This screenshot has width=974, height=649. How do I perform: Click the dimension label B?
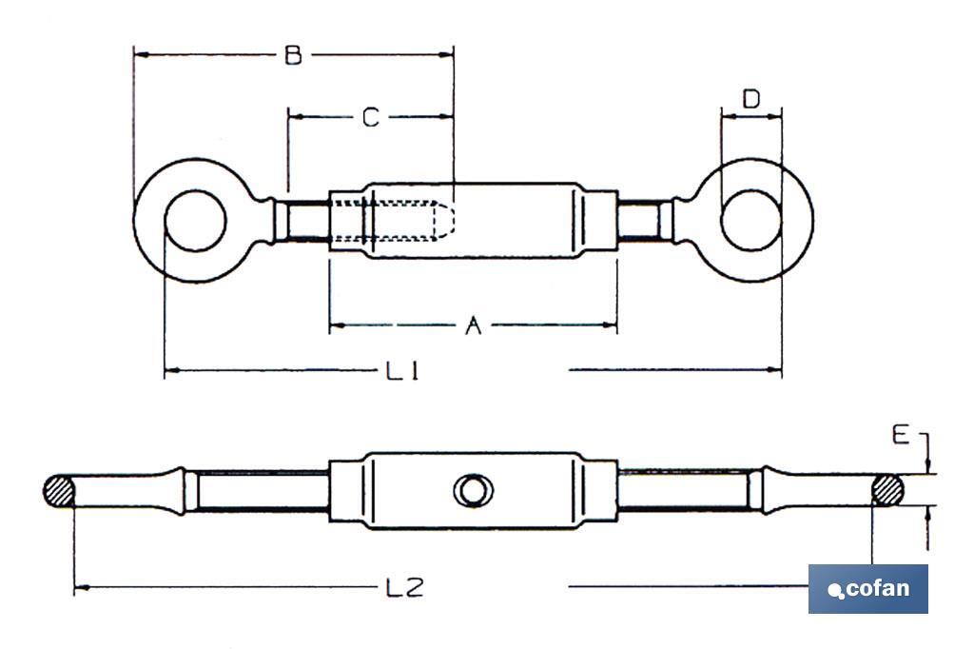click(293, 56)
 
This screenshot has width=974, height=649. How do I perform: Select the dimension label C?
click(370, 117)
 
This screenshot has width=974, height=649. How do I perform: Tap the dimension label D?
click(751, 98)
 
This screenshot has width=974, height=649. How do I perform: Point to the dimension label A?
click(473, 326)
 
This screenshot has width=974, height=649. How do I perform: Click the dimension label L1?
click(402, 371)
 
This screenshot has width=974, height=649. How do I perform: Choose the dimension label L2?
click(404, 588)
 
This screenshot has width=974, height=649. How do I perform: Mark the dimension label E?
click(900, 436)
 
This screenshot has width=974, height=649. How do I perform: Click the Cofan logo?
click(867, 588)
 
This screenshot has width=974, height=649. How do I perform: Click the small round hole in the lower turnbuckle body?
click(473, 491)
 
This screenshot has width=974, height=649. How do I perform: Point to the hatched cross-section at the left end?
click(59, 491)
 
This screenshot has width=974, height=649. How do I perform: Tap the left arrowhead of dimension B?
click(140, 55)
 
